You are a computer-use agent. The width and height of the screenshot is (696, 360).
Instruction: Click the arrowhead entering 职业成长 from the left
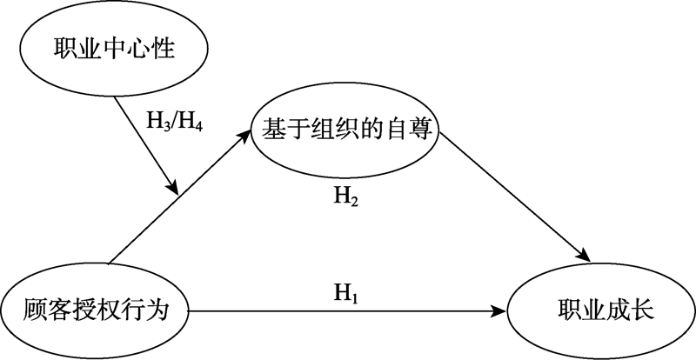click(x=502, y=310)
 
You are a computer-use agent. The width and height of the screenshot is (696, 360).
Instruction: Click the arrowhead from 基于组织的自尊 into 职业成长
click(x=586, y=257)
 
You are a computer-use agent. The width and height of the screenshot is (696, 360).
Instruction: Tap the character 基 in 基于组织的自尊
click(x=271, y=131)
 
